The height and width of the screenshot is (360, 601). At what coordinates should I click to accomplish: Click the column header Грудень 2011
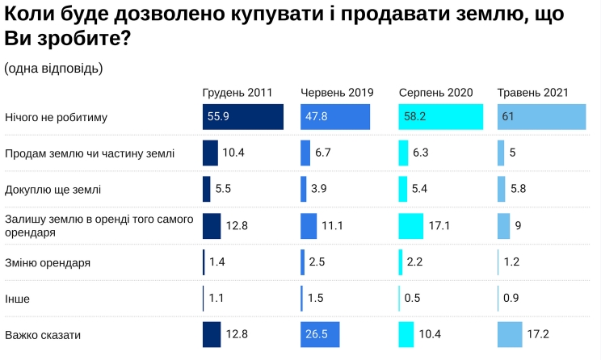[237, 93]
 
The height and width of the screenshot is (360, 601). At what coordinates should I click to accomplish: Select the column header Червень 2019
[337, 93]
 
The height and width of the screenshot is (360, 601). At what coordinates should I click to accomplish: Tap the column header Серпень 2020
[435, 93]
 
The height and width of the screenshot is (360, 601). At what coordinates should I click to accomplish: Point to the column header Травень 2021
[533, 93]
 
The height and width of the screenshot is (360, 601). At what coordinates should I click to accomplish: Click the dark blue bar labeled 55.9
[242, 117]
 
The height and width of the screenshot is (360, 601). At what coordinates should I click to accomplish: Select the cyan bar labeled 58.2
[440, 117]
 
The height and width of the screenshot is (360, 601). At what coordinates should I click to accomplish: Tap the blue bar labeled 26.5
[320, 334]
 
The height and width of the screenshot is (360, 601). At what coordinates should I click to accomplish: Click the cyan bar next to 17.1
[411, 226]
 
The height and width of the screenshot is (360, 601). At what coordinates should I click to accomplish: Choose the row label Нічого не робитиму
[57, 117]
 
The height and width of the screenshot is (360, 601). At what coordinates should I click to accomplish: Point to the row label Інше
[18, 299]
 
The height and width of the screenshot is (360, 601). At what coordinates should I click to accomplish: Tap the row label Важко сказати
[44, 334]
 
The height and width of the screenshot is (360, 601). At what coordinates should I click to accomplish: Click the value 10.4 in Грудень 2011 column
[234, 153]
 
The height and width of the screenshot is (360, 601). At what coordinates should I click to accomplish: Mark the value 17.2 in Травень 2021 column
[539, 334]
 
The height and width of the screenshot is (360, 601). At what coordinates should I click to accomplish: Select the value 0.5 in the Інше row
[412, 299]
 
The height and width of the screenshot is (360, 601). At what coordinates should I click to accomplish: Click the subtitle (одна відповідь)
[53, 68]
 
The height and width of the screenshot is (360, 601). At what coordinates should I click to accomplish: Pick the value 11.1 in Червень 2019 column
[333, 226]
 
